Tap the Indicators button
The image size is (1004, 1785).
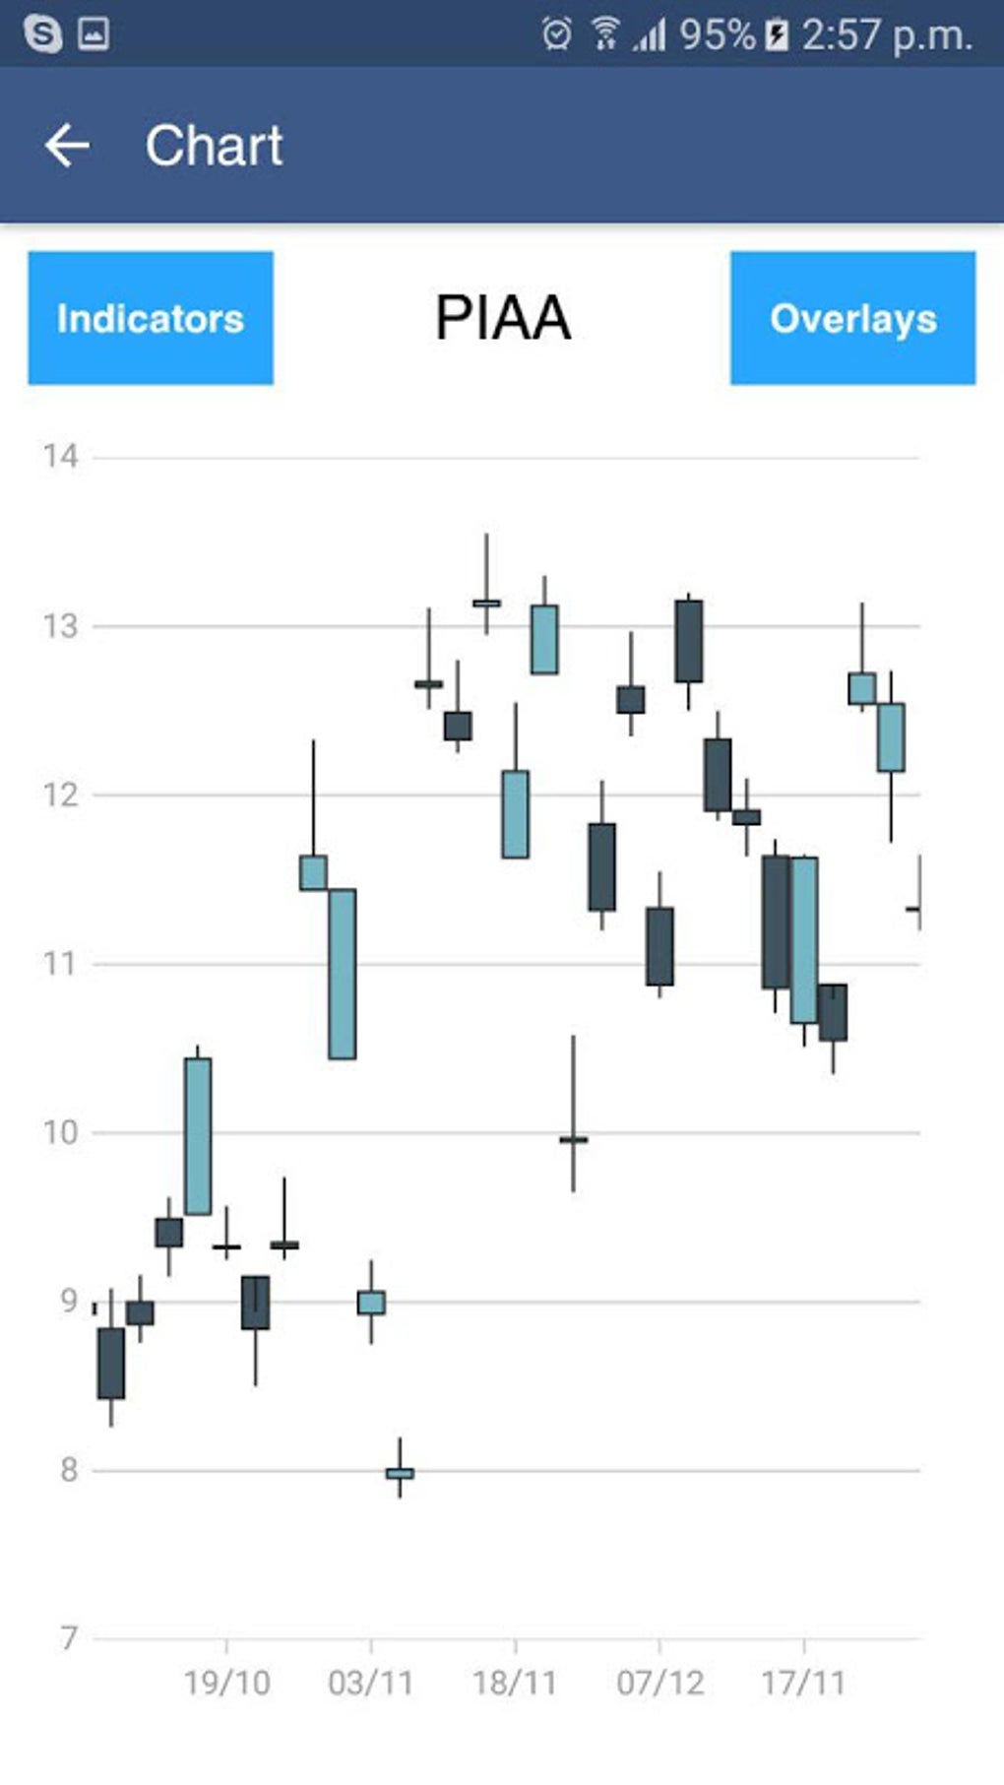pyautogui.click(x=151, y=318)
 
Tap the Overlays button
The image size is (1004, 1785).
pyautogui.click(x=852, y=318)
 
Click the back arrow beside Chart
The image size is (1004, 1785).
pyautogui.click(x=67, y=146)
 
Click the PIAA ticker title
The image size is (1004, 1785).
pyautogui.click(x=503, y=318)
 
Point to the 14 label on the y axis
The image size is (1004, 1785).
pyautogui.click(x=60, y=456)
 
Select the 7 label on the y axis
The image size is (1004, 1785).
pyautogui.click(x=68, y=1638)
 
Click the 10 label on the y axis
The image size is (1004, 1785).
pyautogui.click(x=60, y=1132)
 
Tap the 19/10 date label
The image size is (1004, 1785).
pyautogui.click(x=226, y=1683)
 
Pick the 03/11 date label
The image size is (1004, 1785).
pyautogui.click(x=370, y=1683)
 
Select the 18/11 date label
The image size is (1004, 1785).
pyautogui.click(x=515, y=1683)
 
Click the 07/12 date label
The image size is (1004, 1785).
pyautogui.click(x=659, y=1683)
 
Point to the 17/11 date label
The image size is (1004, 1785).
pyautogui.click(x=803, y=1683)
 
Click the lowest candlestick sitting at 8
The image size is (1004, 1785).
pyautogui.click(x=400, y=1473)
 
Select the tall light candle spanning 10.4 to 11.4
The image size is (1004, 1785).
pyautogui.click(x=342, y=974)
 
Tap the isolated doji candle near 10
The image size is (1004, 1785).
pyautogui.click(x=573, y=1139)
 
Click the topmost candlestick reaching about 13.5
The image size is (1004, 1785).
pyautogui.click(x=486, y=602)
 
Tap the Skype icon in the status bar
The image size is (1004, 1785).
pyautogui.click(x=42, y=34)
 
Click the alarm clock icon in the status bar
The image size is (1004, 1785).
pyautogui.click(x=556, y=34)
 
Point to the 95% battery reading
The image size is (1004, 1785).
pyautogui.click(x=717, y=35)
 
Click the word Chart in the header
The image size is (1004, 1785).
pyautogui.click(x=215, y=146)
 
